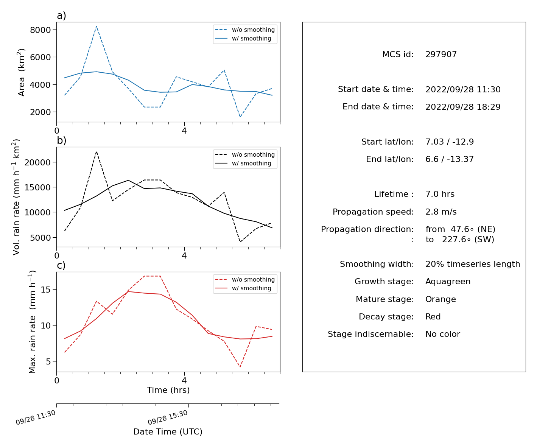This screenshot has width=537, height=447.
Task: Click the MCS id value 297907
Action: (x=441, y=54)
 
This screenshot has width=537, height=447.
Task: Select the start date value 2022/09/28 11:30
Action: (x=463, y=89)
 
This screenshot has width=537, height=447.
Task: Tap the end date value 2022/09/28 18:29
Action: (x=463, y=107)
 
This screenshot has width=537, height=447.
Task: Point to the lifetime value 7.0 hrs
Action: (x=440, y=194)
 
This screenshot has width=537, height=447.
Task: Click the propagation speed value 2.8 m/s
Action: (x=441, y=212)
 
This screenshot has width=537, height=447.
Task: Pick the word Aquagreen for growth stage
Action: (x=448, y=281)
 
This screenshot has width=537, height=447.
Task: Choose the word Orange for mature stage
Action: (x=440, y=299)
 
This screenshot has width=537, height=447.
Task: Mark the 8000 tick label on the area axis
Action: (x=40, y=30)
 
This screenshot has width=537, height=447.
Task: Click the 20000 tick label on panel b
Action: (x=37, y=162)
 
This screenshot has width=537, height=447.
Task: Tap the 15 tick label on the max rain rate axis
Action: (x=45, y=290)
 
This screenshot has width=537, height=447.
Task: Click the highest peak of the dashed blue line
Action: (x=96, y=26)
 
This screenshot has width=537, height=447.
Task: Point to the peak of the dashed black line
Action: (x=96, y=151)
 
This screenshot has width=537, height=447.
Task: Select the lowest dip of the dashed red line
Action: (x=240, y=367)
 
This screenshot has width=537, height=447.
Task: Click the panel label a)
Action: (x=61, y=16)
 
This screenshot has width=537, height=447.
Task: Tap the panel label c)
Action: (x=61, y=265)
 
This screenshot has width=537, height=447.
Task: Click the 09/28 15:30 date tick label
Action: (x=167, y=417)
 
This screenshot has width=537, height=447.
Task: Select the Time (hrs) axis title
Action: (x=168, y=390)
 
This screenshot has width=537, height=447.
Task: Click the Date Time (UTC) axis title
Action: (x=168, y=431)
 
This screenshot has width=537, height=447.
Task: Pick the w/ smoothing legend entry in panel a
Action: (x=243, y=38)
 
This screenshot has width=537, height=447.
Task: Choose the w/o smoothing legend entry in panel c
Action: (x=245, y=279)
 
